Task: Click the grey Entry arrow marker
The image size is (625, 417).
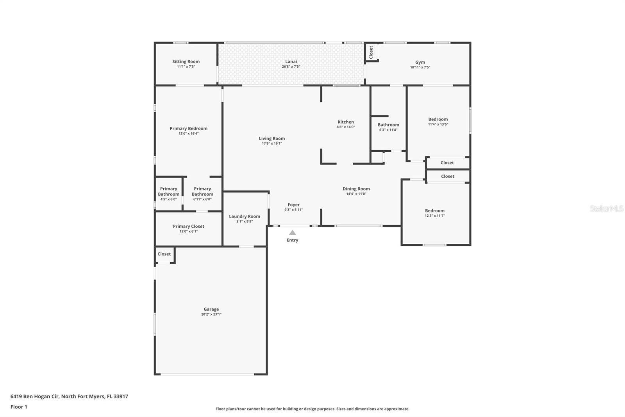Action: point(293,232)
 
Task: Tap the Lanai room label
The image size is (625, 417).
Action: point(291,61)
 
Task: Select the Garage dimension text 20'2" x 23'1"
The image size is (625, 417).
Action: point(211,314)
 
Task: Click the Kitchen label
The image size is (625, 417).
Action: point(346,122)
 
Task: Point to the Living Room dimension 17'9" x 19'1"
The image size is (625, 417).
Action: point(272,144)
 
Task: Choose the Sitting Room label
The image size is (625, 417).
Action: point(186,61)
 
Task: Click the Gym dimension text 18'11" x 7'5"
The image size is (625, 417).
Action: point(420,67)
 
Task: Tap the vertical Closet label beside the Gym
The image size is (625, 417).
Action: point(371,52)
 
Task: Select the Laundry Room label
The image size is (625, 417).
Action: point(245,216)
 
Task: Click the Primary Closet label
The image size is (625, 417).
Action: point(189,226)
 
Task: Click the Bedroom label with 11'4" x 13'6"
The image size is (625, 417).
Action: point(438,119)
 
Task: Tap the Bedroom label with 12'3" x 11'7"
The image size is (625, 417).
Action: point(435,211)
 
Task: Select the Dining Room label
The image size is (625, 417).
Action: point(356,189)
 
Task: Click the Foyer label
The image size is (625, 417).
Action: point(293,205)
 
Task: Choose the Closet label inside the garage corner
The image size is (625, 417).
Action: point(164,254)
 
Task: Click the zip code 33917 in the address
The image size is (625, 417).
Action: point(121,396)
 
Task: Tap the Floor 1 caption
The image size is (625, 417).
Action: point(19,407)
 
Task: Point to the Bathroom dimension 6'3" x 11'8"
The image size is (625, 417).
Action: point(388,130)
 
